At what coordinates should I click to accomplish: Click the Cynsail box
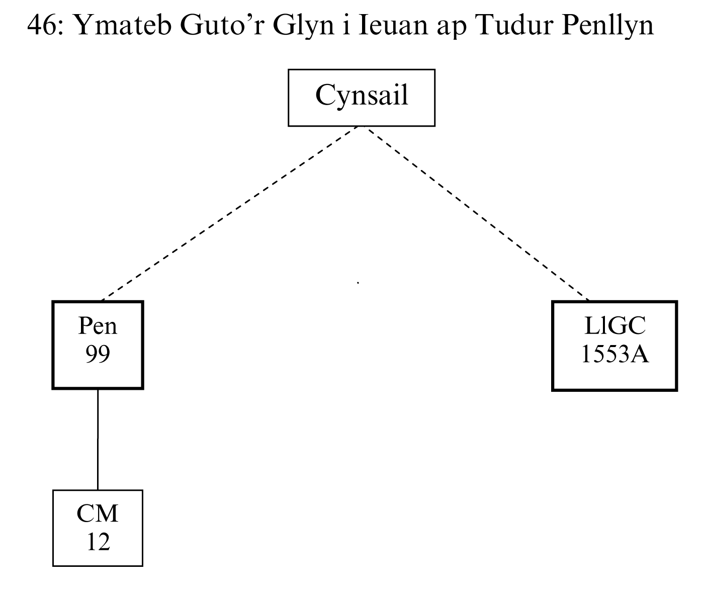coord(361,97)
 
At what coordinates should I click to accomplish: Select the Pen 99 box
coord(98,345)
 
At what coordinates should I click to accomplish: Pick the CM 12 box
coord(98,528)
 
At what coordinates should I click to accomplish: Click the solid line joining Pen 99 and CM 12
coord(98,439)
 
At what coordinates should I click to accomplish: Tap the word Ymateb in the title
coord(121,25)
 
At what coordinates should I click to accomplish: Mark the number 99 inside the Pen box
coord(98,355)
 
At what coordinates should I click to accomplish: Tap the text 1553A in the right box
coord(614,355)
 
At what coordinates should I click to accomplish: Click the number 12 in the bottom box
coord(98,542)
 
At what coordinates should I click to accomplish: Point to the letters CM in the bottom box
coord(98,514)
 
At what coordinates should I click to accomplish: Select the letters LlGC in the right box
coord(614,326)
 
